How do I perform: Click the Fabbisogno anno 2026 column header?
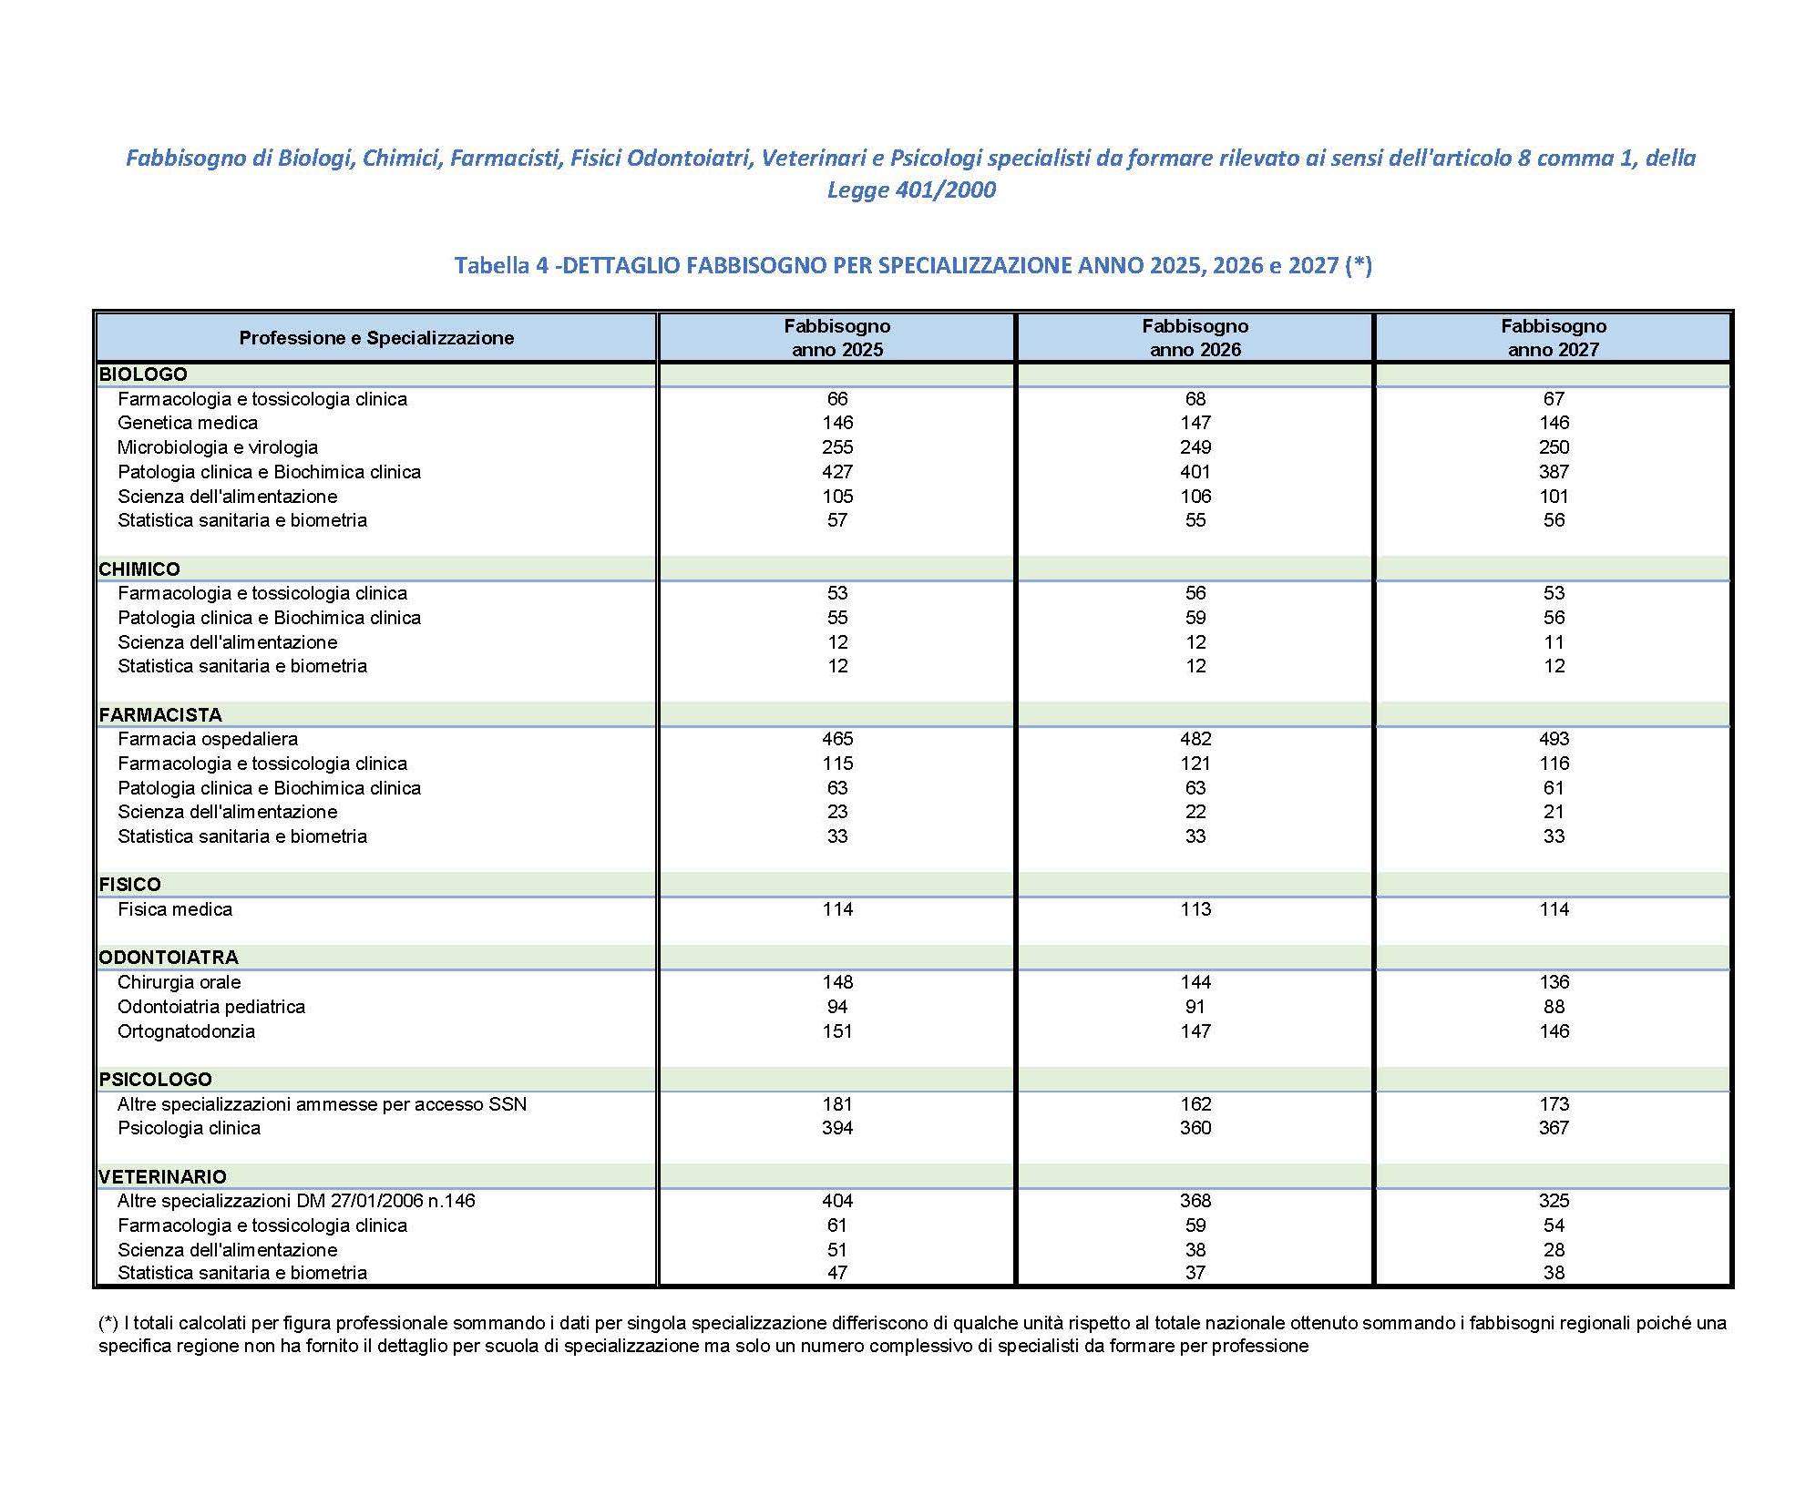(x=1195, y=337)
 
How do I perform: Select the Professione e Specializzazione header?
(x=376, y=338)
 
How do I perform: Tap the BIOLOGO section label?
(x=143, y=374)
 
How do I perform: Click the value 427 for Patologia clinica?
(x=836, y=472)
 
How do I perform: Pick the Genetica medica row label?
(x=187, y=423)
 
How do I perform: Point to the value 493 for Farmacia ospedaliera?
(x=1554, y=739)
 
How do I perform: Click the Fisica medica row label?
(x=174, y=909)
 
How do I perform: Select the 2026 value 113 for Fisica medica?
(x=1195, y=909)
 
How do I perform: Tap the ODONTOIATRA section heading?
(x=169, y=958)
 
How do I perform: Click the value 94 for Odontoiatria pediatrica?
(x=836, y=1007)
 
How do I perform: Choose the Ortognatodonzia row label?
(x=186, y=1031)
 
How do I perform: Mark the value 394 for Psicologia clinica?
(x=836, y=1128)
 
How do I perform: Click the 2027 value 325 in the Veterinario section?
(x=1554, y=1201)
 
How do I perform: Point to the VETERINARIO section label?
(x=162, y=1176)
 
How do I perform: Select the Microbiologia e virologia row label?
(x=217, y=447)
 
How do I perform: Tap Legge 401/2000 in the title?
(x=910, y=190)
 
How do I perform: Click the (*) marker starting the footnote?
(x=108, y=1323)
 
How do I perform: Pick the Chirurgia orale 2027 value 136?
(x=1554, y=982)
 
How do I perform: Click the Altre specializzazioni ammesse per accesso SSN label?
(x=322, y=1104)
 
